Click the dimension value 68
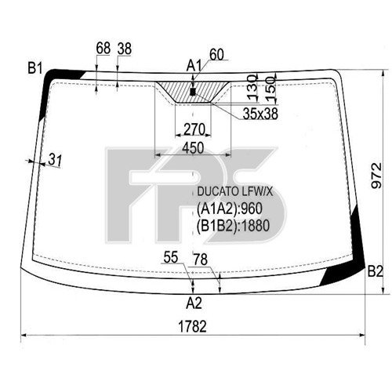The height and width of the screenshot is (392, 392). click(x=103, y=49)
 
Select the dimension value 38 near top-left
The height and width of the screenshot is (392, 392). click(x=124, y=49)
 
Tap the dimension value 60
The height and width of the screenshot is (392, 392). click(x=217, y=53)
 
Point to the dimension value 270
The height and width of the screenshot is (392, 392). click(x=194, y=129)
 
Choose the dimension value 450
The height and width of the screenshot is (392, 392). click(x=193, y=147)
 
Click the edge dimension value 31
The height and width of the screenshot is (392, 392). click(x=54, y=160)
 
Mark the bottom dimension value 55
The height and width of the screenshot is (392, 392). click(x=171, y=256)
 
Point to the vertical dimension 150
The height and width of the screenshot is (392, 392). click(x=270, y=85)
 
